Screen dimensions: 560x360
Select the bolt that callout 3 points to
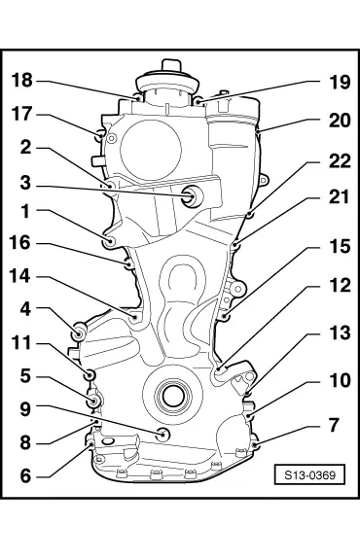click(x=190, y=198)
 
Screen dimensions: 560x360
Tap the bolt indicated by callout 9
click(x=162, y=433)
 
